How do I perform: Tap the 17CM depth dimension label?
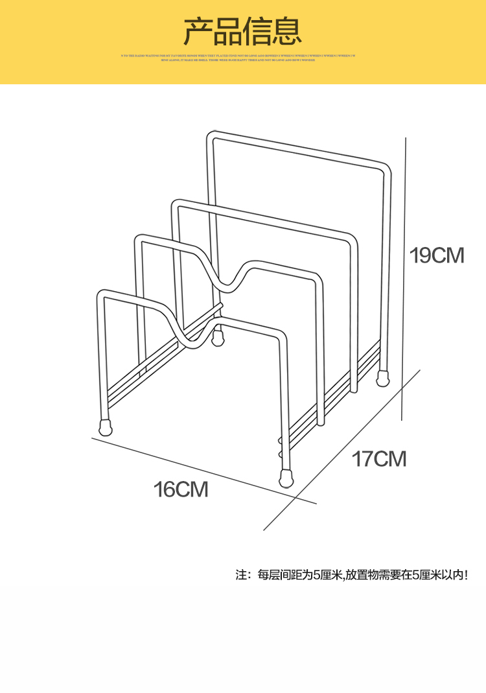[379, 459]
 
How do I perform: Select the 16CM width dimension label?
[181, 489]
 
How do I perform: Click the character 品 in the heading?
[228, 31]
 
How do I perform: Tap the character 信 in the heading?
[257, 31]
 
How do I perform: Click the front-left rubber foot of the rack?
[105, 427]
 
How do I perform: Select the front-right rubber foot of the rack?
[285, 479]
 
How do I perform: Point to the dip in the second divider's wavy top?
[227, 282]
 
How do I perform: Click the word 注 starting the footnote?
[242, 574]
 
